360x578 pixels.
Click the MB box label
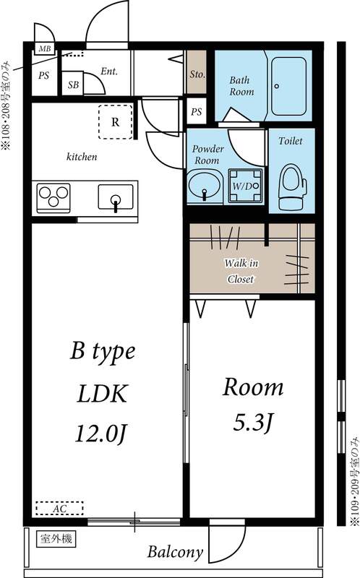44,49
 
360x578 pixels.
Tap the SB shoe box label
73,85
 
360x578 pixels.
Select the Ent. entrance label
109,72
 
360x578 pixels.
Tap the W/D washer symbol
243,185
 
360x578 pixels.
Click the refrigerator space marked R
115,121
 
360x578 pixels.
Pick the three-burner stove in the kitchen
53,197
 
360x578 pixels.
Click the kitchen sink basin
115,197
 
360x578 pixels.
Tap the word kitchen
82,156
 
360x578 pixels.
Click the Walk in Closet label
241,271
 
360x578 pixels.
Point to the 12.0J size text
101,433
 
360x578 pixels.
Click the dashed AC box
59,508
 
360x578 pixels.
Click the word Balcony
175,553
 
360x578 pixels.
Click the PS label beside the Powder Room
197,112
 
